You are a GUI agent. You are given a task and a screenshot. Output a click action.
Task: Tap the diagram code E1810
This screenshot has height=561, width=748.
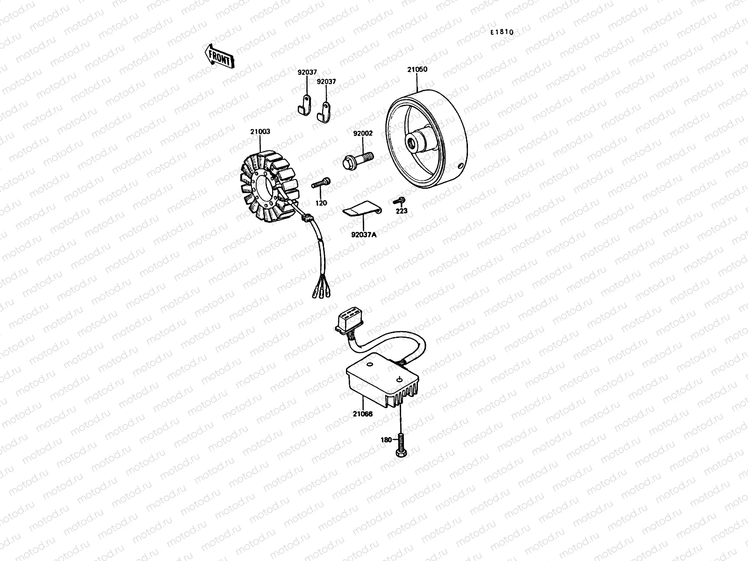(x=502, y=32)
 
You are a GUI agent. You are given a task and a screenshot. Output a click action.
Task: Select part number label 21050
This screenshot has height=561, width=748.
(x=417, y=70)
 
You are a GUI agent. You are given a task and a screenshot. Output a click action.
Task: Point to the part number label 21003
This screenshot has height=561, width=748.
(x=260, y=132)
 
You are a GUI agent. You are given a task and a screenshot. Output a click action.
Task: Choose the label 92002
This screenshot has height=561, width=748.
(x=363, y=133)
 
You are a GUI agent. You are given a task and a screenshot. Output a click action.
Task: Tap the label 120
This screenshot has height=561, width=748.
(x=321, y=203)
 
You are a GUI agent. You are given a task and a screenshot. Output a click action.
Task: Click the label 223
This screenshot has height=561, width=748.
(x=401, y=211)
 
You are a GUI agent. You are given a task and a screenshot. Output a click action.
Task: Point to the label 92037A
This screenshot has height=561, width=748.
(x=364, y=235)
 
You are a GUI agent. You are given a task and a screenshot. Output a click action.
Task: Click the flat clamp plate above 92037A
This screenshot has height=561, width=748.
(x=363, y=209)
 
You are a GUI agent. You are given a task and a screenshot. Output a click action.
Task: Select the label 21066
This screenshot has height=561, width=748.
(x=363, y=414)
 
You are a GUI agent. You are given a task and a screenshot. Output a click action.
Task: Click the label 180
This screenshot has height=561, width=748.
(x=386, y=440)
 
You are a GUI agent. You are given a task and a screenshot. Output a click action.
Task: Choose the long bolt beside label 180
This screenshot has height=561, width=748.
(x=401, y=445)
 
